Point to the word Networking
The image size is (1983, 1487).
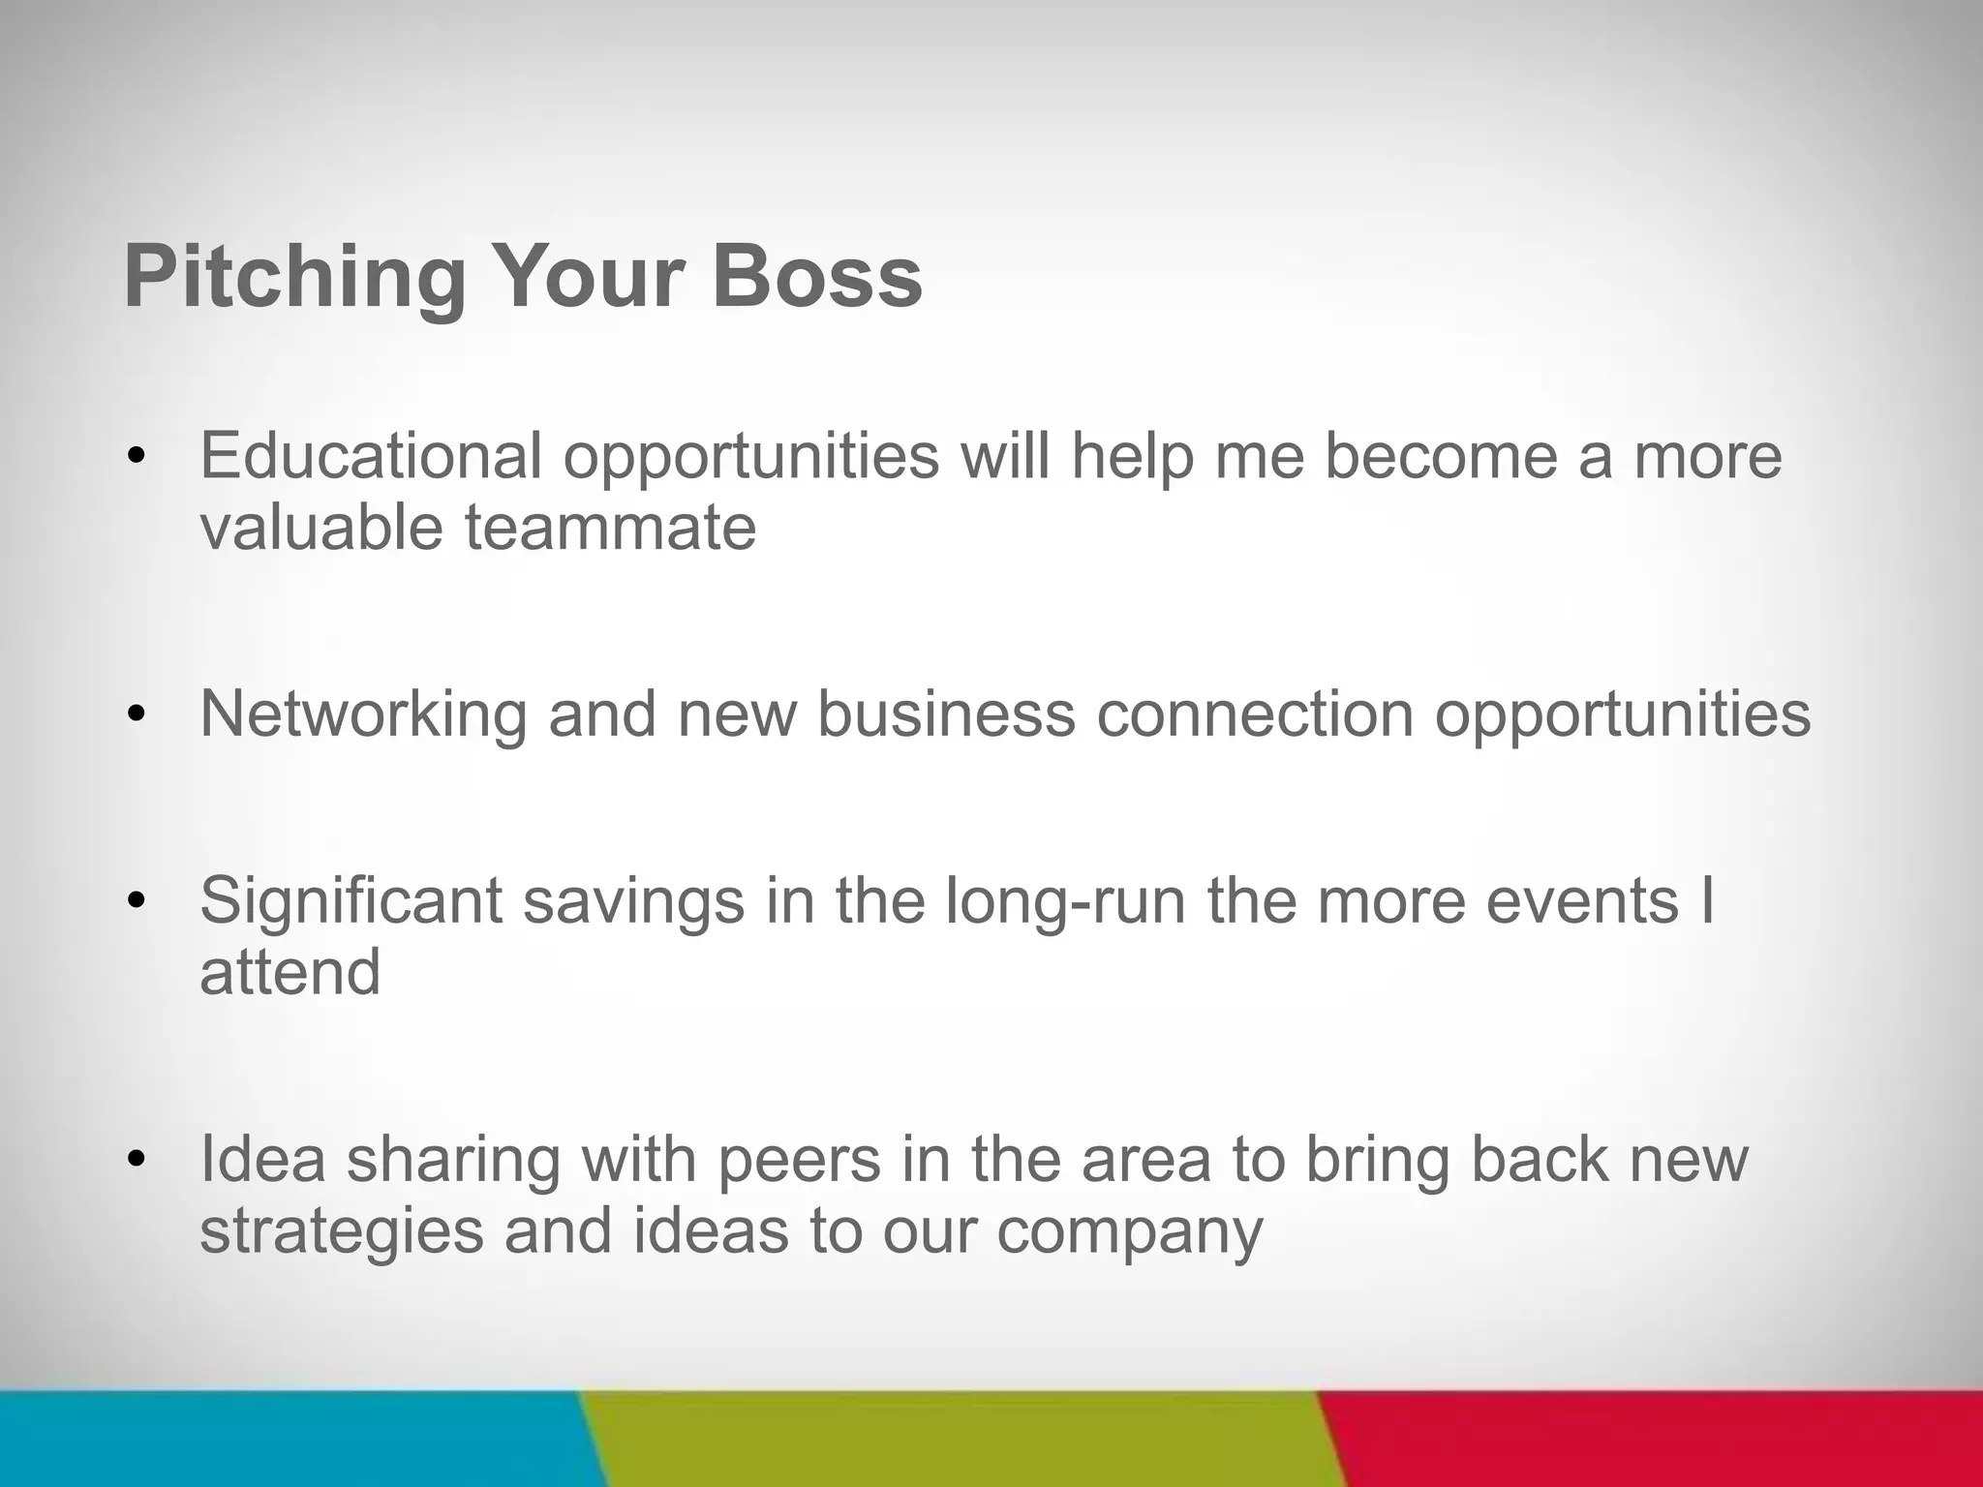[x=363, y=714]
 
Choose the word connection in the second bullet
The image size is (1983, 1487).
[x=1254, y=714]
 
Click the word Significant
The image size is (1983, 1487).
[x=351, y=900]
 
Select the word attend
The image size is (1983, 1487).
[x=290, y=972]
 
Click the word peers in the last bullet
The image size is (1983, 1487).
[x=799, y=1159]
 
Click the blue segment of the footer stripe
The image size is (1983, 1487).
[x=290, y=1440]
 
